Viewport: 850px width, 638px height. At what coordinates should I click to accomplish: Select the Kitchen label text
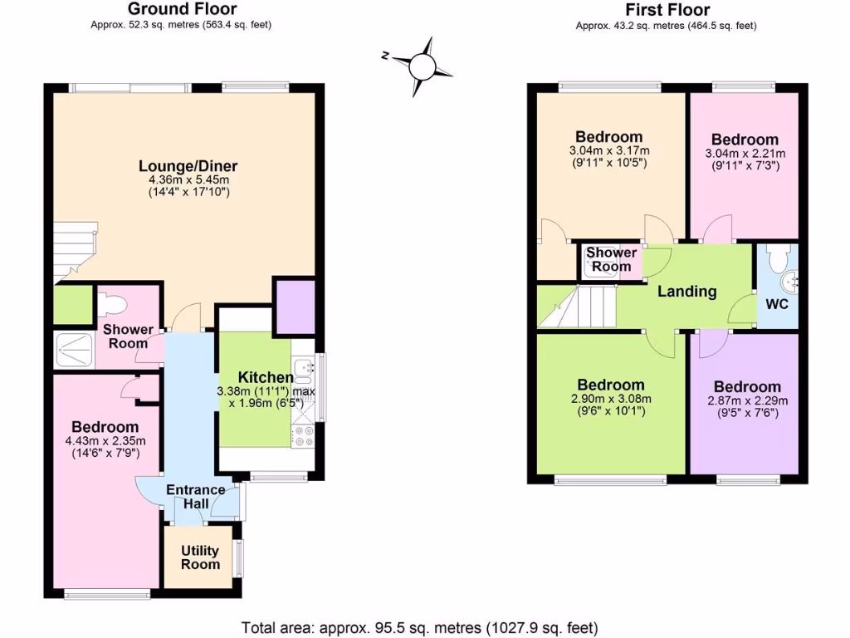click(266, 378)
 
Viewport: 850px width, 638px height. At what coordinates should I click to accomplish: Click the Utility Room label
click(200, 557)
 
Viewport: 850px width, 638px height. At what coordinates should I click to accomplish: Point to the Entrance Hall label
click(196, 497)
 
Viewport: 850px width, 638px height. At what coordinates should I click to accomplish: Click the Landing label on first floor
click(686, 292)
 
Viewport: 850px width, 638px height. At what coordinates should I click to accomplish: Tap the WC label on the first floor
click(776, 304)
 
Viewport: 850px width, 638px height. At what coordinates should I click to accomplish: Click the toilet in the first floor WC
click(778, 260)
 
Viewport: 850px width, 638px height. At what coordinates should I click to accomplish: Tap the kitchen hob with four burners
click(303, 437)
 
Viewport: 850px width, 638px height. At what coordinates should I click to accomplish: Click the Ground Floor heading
click(181, 9)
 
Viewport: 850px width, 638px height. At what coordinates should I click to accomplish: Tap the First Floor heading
click(667, 10)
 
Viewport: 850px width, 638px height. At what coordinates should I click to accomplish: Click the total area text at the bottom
click(419, 627)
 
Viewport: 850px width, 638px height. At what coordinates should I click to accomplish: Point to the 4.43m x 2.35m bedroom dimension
click(104, 441)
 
